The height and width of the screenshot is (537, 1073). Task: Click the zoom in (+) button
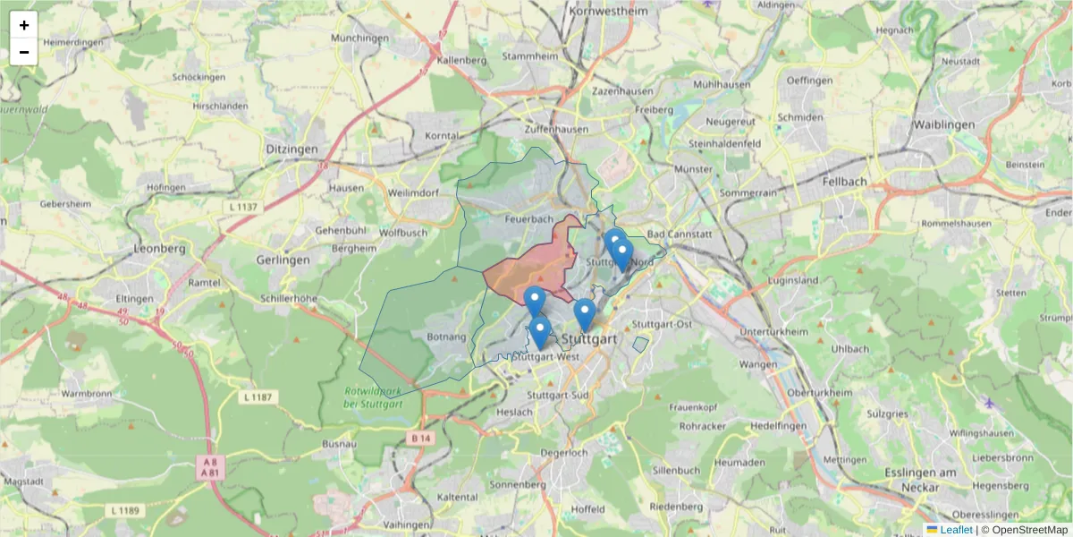pos(24,25)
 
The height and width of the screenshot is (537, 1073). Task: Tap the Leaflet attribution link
pos(956,530)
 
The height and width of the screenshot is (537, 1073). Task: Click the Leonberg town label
pos(157,248)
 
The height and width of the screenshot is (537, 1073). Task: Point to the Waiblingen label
pos(948,124)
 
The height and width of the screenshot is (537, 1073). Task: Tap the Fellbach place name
pos(844,181)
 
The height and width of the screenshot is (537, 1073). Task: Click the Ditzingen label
pos(291,149)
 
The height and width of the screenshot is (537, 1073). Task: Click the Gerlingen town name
pos(283,260)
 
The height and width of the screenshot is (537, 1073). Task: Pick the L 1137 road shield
pos(241,207)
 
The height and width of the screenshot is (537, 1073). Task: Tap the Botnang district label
pos(447,337)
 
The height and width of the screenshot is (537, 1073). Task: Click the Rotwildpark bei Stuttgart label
pos(374,397)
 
